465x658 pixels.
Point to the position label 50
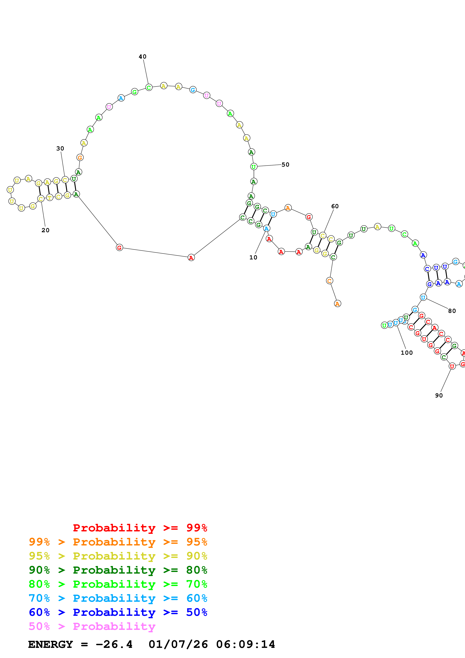285,164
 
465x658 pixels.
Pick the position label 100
406,353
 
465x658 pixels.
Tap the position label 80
452,311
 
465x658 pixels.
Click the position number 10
253,257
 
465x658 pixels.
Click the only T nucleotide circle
50,198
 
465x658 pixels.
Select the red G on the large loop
119,247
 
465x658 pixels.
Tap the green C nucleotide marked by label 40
149,87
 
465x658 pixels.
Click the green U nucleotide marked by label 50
254,167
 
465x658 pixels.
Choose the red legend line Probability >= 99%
140,528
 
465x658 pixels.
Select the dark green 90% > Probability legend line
118,570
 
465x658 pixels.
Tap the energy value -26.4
114,644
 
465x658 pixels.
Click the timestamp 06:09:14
246,644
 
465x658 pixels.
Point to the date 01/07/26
178,644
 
